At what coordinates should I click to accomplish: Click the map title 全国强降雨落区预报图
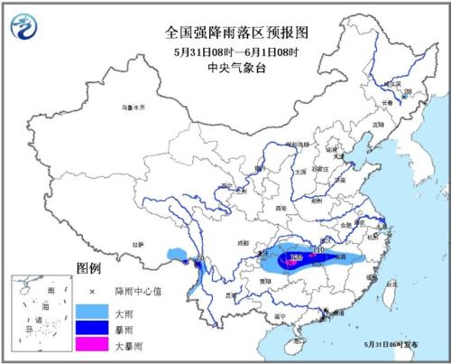click(225, 31)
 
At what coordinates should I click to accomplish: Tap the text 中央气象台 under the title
click(225, 65)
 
